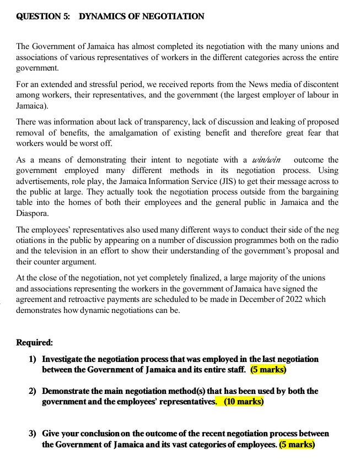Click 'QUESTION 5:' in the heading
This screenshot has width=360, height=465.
pos(43,17)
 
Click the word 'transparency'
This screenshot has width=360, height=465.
pos(143,122)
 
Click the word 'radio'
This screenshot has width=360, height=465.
pos(329,240)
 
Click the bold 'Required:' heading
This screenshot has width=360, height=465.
pos(34,342)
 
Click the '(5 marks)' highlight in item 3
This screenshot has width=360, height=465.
pos(297,444)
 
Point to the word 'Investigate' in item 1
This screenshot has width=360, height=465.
pos(64,359)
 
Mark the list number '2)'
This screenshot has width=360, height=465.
pos(33,391)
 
